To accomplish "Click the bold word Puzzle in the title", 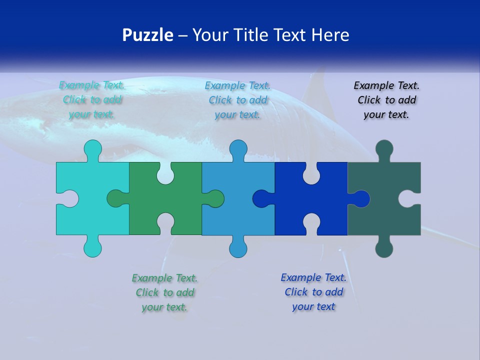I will (x=148, y=35).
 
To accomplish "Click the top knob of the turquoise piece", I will (x=92, y=148).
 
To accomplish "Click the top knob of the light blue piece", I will (x=238, y=148).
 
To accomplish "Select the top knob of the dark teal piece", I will (x=384, y=148).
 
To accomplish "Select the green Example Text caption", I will (x=165, y=292).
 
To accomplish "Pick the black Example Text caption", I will (x=386, y=99).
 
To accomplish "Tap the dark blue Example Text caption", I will (x=313, y=292).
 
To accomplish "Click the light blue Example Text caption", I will (x=238, y=99).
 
